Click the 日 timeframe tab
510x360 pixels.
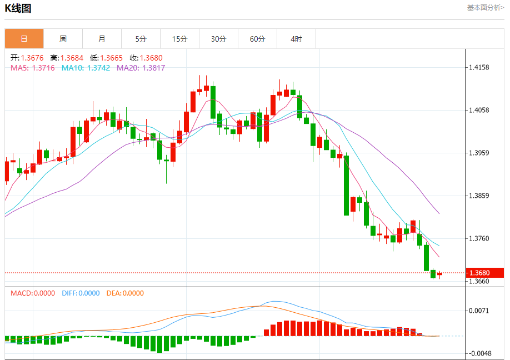(24, 39)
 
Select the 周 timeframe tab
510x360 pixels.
(63, 39)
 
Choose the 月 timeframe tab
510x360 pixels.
(102, 39)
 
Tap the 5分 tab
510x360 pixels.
(141, 39)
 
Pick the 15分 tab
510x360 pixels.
(179, 39)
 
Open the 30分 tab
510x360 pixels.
(218, 39)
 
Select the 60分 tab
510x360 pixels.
(257, 39)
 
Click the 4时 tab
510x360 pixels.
(296, 39)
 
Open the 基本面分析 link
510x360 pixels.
(485, 8)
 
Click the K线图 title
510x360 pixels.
(18, 8)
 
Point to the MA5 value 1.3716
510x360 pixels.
(43, 68)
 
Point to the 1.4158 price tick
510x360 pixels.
(479, 68)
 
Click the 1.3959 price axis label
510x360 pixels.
(479, 153)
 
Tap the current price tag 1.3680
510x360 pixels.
(479, 273)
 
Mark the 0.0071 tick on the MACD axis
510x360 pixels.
(479, 311)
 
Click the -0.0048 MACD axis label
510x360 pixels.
(479, 353)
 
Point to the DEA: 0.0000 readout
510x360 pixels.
(124, 293)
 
